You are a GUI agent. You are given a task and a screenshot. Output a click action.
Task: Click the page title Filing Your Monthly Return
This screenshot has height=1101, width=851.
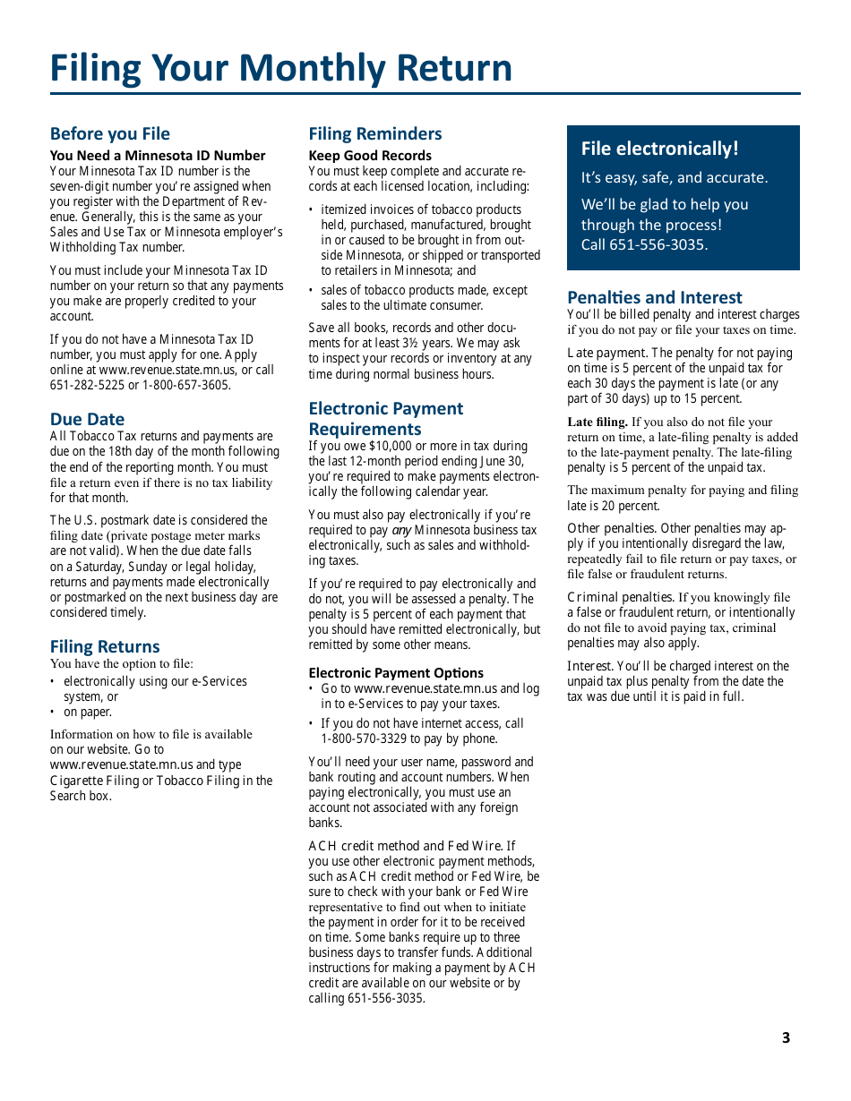(x=281, y=68)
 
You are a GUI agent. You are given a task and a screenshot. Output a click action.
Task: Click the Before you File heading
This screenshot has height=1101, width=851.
(x=110, y=134)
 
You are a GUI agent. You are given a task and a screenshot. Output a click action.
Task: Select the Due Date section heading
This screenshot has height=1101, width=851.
(x=87, y=419)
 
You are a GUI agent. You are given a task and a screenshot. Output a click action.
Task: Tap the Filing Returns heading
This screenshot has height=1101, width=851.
(x=105, y=646)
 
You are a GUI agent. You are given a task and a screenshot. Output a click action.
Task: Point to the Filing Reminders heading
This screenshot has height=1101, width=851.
(x=375, y=134)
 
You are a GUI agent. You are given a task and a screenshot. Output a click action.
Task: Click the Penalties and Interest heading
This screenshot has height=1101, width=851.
(x=655, y=297)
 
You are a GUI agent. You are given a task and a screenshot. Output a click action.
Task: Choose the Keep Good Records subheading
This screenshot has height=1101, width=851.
(x=370, y=156)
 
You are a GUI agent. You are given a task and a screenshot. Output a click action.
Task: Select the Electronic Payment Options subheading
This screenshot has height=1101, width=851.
(x=396, y=673)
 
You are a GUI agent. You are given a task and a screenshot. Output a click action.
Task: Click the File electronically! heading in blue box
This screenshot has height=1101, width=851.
(x=660, y=149)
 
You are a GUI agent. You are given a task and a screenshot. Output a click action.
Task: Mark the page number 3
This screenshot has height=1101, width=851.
(x=786, y=1037)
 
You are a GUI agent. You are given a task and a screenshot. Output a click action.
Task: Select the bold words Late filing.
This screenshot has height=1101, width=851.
(x=597, y=422)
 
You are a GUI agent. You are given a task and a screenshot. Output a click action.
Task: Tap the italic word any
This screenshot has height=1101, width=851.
(x=401, y=530)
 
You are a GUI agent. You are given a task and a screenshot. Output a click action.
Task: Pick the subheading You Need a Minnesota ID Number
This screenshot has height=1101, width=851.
(x=158, y=156)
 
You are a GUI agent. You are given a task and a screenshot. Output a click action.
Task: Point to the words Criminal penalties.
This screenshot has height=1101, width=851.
(x=621, y=597)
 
